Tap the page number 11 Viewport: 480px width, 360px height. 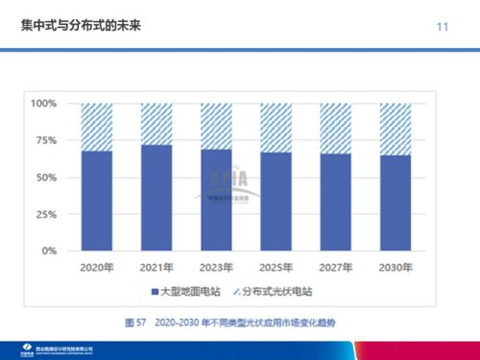coord(442,26)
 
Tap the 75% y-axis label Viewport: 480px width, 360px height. coord(46,140)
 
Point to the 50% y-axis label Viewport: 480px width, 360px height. coord(46,178)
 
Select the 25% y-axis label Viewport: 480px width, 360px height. coord(46,214)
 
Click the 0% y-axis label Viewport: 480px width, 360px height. coord(49,251)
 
